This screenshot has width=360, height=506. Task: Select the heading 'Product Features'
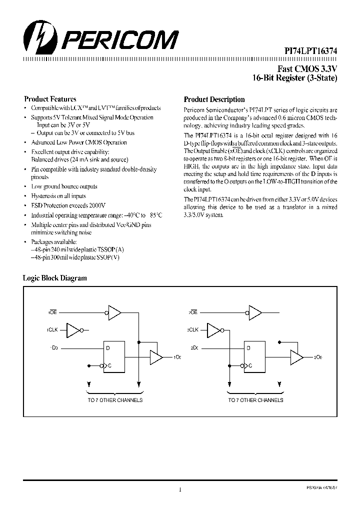[x=50, y=99]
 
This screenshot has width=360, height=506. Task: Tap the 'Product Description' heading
[x=214, y=99]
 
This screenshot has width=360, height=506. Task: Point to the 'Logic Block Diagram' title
[x=55, y=278]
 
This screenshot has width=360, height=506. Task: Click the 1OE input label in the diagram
[x=52, y=312]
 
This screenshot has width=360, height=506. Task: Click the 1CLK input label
[x=52, y=330]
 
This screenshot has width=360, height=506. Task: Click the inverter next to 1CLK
[x=74, y=330]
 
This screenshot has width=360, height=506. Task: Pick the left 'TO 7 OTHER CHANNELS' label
[x=115, y=400]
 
